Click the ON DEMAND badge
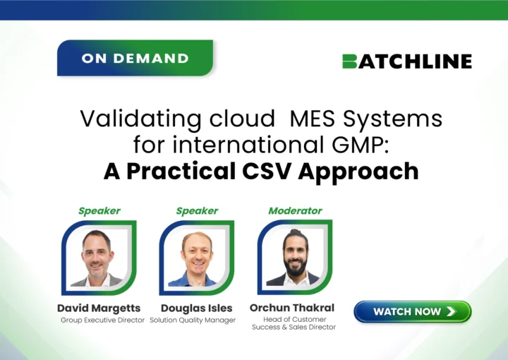tap(135, 58)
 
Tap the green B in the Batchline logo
tap(349, 61)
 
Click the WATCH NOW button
tap(413, 311)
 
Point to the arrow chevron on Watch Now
tap(452, 311)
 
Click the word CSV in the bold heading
tap(267, 171)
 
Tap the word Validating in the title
tap(140, 119)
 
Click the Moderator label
tap(295, 211)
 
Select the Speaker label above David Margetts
tap(99, 211)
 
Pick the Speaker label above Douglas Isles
tap(197, 211)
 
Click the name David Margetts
tap(99, 308)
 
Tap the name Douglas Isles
tap(197, 308)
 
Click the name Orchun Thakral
tap(292, 308)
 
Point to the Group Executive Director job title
tap(102, 320)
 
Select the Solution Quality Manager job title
tap(193, 320)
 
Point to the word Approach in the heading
tap(358, 172)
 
